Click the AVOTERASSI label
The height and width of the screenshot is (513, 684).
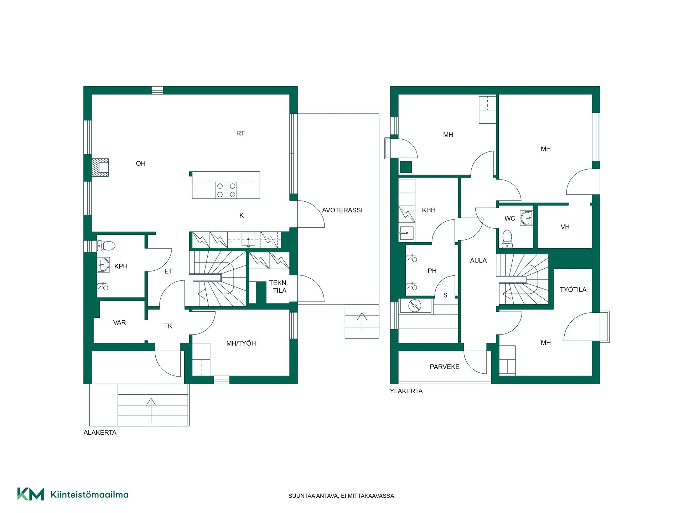tap(342, 210)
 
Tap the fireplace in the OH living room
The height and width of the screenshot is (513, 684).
tap(100, 167)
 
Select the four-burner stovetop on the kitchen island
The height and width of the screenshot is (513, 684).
tap(226, 190)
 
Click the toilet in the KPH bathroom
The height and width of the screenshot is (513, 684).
tap(106, 246)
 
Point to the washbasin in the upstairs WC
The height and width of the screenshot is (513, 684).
tap(526, 218)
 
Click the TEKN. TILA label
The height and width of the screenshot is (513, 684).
tap(279, 287)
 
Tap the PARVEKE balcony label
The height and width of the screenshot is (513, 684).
tap(445, 367)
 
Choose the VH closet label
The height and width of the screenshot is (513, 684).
tap(565, 227)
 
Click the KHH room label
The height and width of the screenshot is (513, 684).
tap(429, 210)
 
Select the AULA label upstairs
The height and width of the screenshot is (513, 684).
tap(478, 260)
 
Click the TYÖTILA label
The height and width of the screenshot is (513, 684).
tap(573, 290)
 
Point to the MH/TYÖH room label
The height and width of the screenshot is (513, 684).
tap(241, 343)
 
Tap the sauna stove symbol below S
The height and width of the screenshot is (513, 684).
tap(415, 306)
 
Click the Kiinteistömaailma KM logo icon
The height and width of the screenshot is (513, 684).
tap(31, 494)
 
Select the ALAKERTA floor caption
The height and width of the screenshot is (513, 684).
tap(100, 432)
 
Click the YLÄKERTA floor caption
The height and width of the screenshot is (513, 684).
tap(406, 391)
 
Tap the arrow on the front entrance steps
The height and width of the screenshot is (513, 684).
tap(151, 410)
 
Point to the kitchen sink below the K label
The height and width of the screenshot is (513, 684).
tap(248, 240)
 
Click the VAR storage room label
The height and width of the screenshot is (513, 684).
tap(119, 323)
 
